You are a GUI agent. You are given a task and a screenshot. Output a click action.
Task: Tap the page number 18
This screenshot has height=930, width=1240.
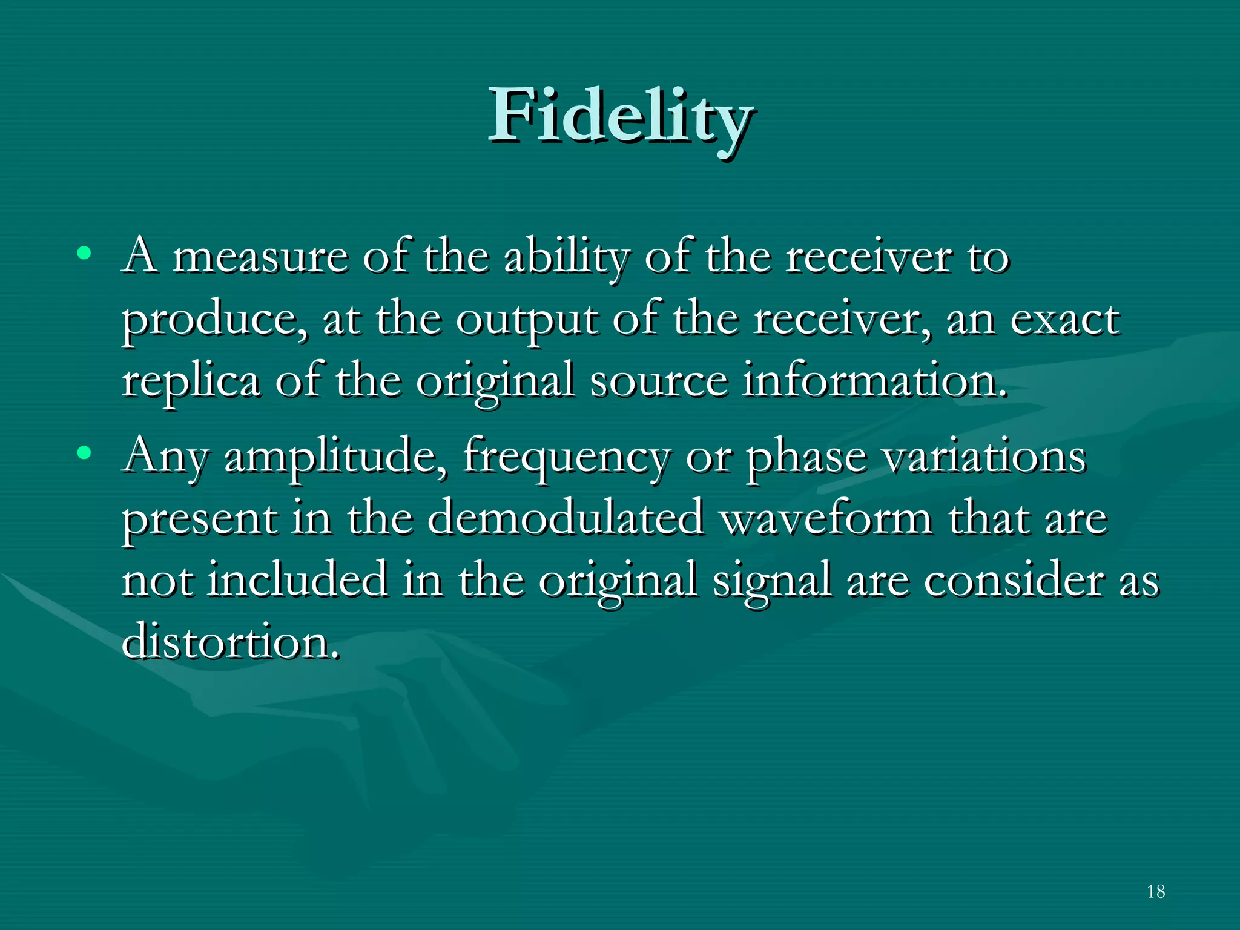click(1156, 891)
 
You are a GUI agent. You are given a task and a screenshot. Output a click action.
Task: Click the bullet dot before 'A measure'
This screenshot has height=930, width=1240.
click(84, 252)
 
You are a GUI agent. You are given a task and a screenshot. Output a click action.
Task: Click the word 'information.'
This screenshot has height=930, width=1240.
click(875, 381)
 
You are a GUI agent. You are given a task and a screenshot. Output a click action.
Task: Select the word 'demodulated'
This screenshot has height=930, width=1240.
click(566, 519)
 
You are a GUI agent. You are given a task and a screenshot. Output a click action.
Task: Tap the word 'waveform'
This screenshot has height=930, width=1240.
click(826, 519)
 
